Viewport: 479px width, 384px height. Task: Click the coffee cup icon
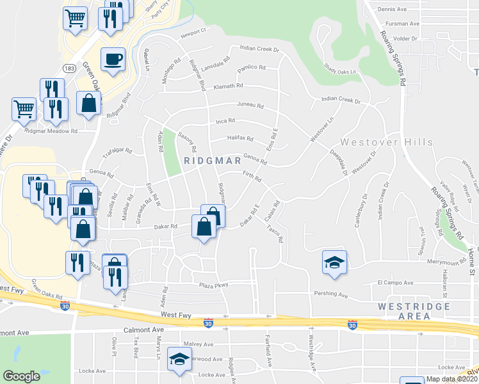point(113,60)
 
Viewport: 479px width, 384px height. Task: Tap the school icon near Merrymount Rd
point(334,262)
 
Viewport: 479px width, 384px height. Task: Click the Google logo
point(21,376)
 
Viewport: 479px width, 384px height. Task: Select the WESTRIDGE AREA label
point(412,311)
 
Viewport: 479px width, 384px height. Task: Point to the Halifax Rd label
point(241,138)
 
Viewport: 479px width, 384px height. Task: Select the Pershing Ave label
point(330,294)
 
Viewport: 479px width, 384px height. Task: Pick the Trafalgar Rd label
point(118,154)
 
